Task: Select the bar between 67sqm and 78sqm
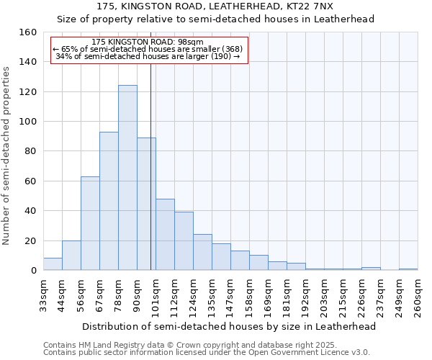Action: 109,201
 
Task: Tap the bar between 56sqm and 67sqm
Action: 90,223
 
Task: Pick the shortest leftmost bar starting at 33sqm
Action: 53,264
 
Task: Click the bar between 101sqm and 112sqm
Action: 165,235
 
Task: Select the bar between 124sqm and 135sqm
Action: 202,252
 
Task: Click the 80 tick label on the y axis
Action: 30,151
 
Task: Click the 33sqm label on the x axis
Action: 43,294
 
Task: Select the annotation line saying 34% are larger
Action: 147,56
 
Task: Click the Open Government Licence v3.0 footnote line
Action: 207,353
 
